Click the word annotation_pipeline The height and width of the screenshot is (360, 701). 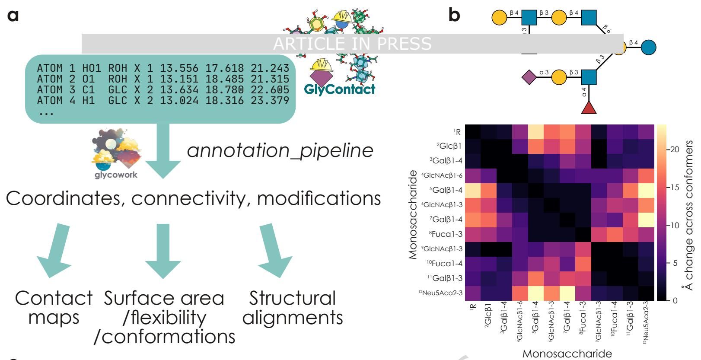pos(280,150)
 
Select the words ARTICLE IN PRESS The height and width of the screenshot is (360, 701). pos(352,43)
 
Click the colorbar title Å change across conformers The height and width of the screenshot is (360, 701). pos(690,215)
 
